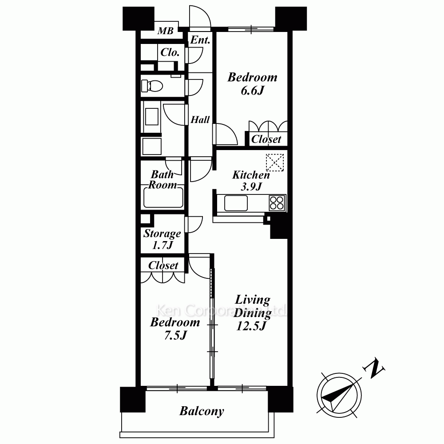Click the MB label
[x=165, y=31]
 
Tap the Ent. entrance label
[x=200, y=40]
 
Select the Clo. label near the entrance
[x=170, y=52]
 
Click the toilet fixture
[x=152, y=85]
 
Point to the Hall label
[x=200, y=120]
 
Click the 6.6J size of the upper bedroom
[x=253, y=91]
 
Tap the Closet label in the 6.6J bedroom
[x=266, y=139]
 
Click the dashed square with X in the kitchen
[x=275, y=162]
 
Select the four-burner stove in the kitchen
[x=277, y=203]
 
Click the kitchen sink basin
[x=236, y=203]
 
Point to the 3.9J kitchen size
[x=251, y=186]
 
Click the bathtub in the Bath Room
[x=163, y=198]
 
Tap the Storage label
[x=162, y=234]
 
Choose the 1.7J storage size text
[x=163, y=245]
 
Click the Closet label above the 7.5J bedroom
[x=163, y=266]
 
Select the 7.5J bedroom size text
[x=175, y=336]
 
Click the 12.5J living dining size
[x=251, y=326]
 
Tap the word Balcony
[x=202, y=411]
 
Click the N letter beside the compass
[x=374, y=369]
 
